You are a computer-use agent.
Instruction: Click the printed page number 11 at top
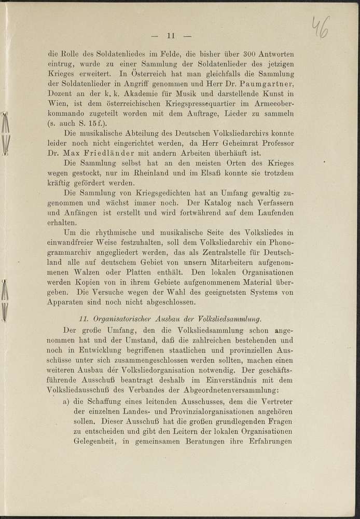172,36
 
